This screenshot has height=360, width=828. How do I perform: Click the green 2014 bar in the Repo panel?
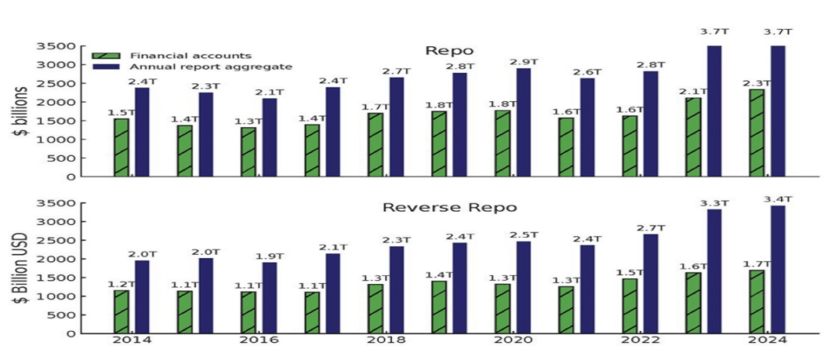tap(121, 147)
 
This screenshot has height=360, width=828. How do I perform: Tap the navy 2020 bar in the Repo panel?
tap(524, 122)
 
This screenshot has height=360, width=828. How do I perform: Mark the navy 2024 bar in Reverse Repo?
tap(778, 269)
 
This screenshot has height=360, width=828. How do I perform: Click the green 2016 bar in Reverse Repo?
tap(248, 312)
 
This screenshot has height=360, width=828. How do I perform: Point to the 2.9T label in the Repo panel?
tap(523, 61)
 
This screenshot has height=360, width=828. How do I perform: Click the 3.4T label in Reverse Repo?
tap(778, 199)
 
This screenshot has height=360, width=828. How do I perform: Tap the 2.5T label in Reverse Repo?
tap(523, 235)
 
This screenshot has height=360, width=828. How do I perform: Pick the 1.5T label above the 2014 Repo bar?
tap(121, 112)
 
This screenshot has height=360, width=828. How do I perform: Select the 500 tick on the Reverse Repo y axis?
tap(72, 315)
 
